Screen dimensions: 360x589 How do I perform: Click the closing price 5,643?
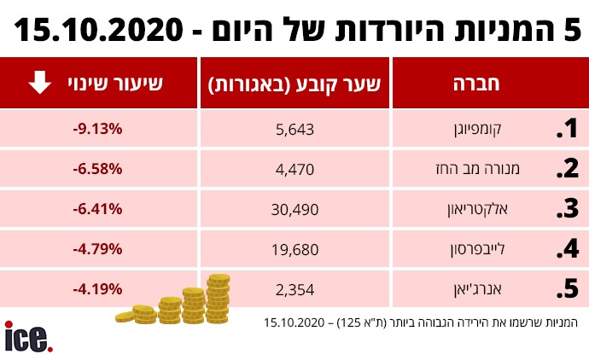[295, 130]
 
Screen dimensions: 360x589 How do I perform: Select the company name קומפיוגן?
[495, 130]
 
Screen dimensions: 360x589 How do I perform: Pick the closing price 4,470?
[295, 169]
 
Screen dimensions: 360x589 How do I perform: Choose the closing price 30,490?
[295, 209]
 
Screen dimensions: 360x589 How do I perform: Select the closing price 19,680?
[295, 249]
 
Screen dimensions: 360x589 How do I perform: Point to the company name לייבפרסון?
[491, 249]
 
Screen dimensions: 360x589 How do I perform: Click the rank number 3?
[567, 209]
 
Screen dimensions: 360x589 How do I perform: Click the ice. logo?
[28, 336]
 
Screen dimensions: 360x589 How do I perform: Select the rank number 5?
[567, 289]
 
